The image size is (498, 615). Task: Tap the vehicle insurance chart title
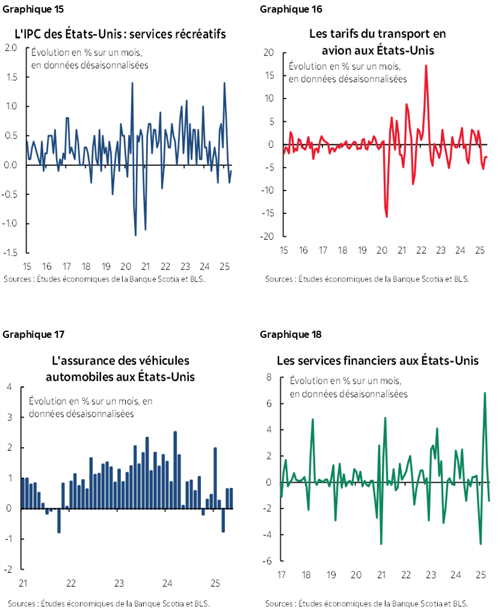(120, 369)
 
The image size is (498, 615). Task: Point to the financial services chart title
(378, 361)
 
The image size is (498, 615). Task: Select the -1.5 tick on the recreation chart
(11, 252)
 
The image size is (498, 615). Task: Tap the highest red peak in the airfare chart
(426, 66)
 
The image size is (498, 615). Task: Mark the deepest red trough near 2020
(386, 216)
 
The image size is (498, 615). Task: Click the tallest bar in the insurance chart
(175, 432)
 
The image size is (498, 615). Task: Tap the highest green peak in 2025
(485, 393)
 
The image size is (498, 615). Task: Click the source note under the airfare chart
(367, 279)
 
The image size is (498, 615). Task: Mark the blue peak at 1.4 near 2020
(132, 83)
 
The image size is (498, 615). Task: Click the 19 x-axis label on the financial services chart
(331, 575)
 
